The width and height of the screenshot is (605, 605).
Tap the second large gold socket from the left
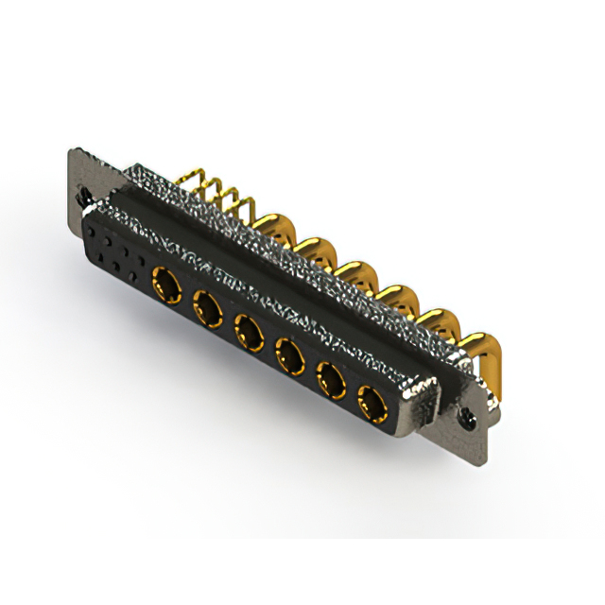206,305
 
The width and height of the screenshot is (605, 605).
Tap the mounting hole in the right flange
465,414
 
